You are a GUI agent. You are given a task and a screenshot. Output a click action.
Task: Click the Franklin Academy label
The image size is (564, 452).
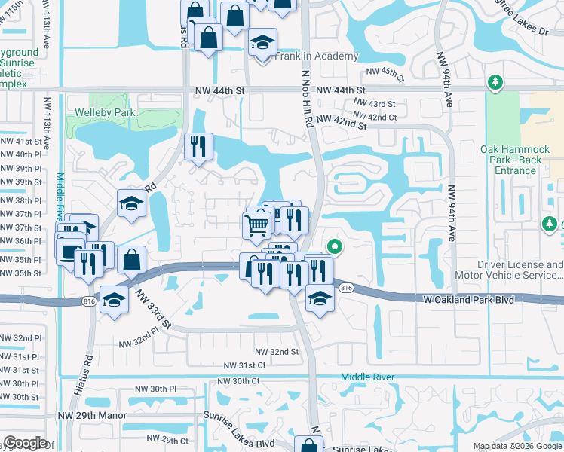pyautogui.click(x=316, y=56)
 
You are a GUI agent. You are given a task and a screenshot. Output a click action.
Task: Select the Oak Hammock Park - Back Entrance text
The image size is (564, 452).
pyautogui.click(x=521, y=160)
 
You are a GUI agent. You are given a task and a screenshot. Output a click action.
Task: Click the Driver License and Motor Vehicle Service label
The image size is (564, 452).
pyautogui.click(x=520, y=270)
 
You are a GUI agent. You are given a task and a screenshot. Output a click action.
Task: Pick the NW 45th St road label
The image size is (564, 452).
pyautogui.click(x=385, y=72)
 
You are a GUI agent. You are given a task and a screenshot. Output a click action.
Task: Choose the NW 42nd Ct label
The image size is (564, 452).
pyautogui.click(x=374, y=117)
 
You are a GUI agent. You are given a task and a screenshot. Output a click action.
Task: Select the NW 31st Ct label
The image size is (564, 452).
pyautogui.click(x=245, y=365)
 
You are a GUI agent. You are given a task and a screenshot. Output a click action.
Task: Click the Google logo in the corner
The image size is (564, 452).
pyautogui.click(x=25, y=443)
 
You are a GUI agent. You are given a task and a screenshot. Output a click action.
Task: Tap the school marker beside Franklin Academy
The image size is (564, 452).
pyautogui.click(x=262, y=44)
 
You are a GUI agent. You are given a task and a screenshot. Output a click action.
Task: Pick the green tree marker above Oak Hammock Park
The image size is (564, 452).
pyautogui.click(x=495, y=81)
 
